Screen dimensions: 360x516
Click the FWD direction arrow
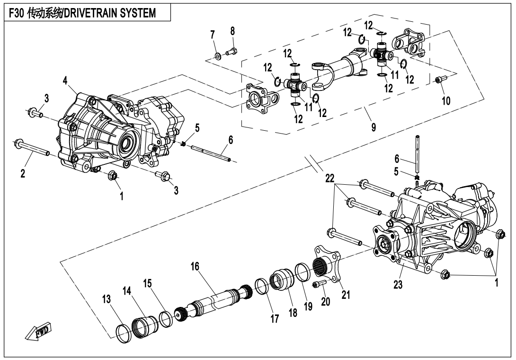(40, 332)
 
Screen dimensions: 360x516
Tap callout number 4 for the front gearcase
(65, 81)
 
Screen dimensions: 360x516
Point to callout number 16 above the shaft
(195, 267)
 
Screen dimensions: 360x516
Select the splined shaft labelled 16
(215, 301)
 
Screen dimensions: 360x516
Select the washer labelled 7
(218, 56)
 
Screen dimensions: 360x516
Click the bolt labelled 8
(233, 51)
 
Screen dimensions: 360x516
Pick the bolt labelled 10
(439, 80)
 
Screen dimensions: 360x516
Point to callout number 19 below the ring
(308, 306)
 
